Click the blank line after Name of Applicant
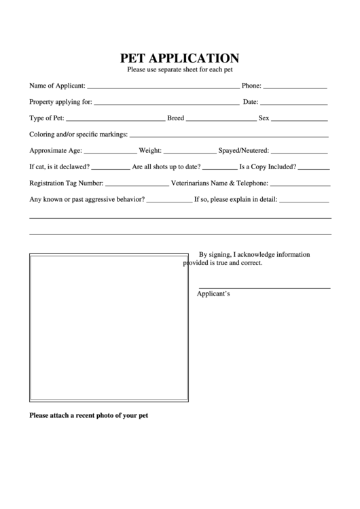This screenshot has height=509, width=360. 163,88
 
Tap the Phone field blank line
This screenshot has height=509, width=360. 295,88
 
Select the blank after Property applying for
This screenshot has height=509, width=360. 166,105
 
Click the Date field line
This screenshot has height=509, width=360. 293,105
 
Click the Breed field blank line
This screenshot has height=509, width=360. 220,121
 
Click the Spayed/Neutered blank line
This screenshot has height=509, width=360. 300,153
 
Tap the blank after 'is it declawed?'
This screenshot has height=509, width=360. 110,169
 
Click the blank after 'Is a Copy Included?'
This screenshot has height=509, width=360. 314,169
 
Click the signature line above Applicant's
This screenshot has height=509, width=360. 264,289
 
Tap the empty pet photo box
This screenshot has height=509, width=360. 109,326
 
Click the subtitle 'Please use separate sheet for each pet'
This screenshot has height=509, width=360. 179,70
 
